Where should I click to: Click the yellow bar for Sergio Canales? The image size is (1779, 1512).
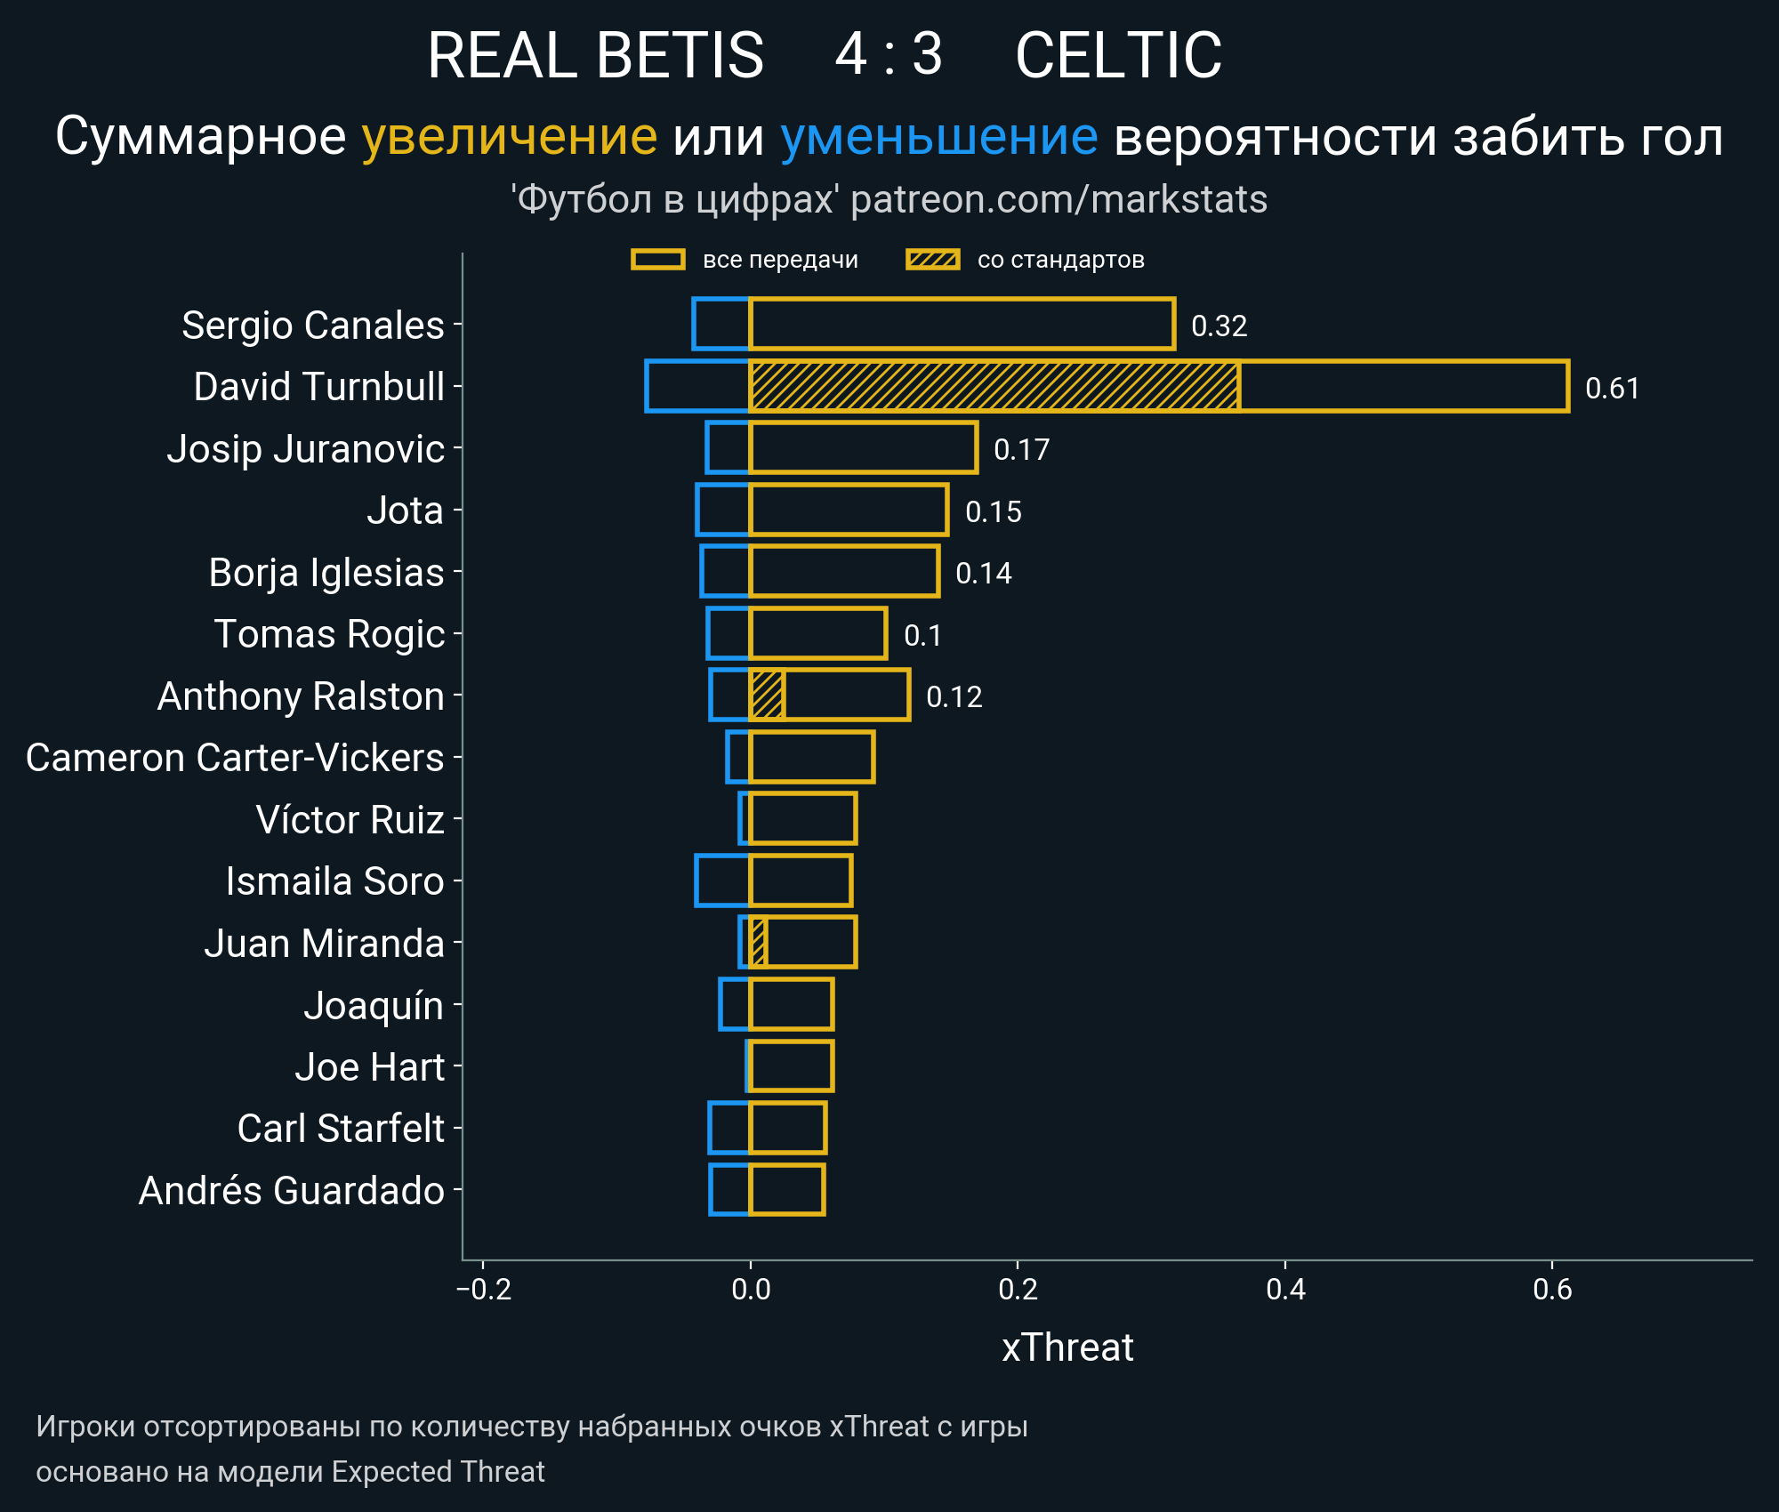coord(962,324)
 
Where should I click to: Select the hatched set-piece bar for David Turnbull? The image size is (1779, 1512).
coord(994,386)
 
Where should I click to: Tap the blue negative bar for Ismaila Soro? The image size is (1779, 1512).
coord(722,881)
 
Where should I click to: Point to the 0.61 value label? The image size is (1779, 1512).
coord(1612,388)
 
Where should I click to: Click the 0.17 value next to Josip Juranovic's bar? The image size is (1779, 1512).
coord(1021,449)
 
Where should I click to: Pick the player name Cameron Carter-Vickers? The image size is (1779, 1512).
coord(235,758)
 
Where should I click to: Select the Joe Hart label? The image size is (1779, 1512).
coord(369,1066)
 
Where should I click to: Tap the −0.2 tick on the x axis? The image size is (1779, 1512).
coord(484,1289)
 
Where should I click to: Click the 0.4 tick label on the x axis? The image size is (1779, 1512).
coord(1285,1289)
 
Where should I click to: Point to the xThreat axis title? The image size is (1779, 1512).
coord(1067,1347)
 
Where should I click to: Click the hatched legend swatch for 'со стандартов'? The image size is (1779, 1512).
coord(932,260)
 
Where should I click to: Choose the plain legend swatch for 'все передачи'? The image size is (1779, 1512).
coord(657,260)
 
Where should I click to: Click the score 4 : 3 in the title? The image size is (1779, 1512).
coord(888,55)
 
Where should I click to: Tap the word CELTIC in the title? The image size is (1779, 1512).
coord(1118,55)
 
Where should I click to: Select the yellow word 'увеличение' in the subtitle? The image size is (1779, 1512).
coord(509,137)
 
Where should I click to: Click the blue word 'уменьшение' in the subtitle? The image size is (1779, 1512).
coord(938,137)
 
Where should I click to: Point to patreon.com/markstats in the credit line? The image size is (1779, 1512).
coord(1059,199)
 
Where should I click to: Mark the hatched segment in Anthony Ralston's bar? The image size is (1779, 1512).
coord(767,695)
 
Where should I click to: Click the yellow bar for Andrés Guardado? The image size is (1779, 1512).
coord(787,1189)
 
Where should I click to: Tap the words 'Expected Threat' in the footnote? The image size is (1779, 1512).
coord(438,1471)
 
